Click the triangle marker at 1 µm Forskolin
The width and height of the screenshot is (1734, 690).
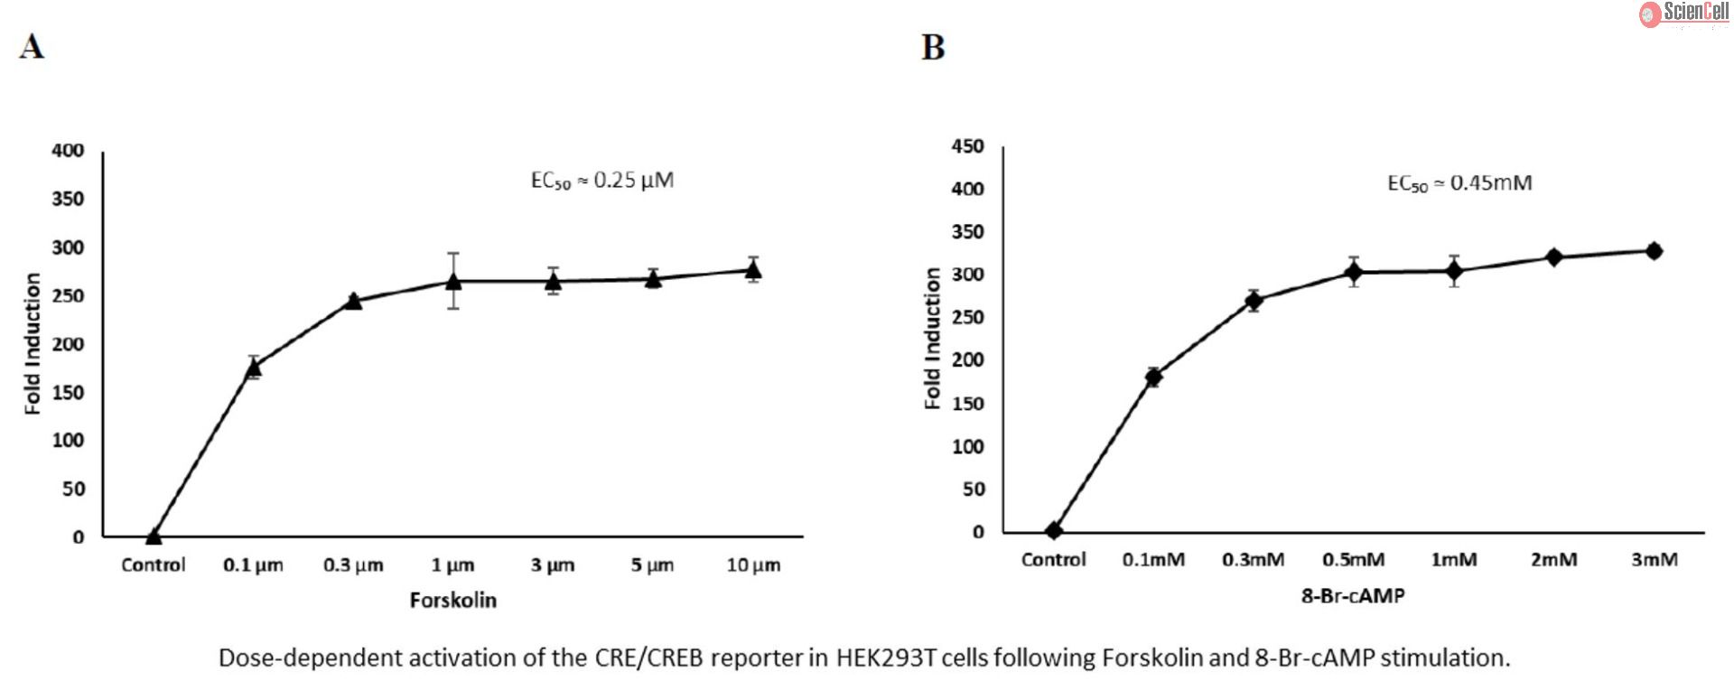[453, 282]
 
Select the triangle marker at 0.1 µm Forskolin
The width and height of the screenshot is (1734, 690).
[254, 367]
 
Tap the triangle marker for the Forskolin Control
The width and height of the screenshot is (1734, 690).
[154, 536]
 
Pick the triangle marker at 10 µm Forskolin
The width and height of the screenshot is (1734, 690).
[753, 269]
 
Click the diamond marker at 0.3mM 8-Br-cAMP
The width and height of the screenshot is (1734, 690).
[1254, 301]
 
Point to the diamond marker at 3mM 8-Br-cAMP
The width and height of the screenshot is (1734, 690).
[1654, 251]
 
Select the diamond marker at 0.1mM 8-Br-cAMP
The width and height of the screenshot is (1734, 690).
[1153, 377]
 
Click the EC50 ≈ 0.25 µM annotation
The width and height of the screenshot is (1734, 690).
[601, 181]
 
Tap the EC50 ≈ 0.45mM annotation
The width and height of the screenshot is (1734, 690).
[1459, 183]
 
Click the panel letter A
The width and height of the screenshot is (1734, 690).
[32, 47]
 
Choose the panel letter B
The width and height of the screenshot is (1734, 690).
[933, 47]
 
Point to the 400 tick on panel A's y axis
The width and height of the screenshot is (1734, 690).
[68, 151]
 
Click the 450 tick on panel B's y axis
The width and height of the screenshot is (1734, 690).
[967, 146]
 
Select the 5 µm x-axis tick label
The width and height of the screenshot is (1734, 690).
[652, 565]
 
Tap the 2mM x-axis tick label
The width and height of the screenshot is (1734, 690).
[1553, 560]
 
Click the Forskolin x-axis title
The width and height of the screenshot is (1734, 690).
[453, 601]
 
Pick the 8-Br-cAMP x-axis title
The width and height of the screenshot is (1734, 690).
[1353, 595]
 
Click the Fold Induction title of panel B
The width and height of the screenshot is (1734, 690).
[933, 340]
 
